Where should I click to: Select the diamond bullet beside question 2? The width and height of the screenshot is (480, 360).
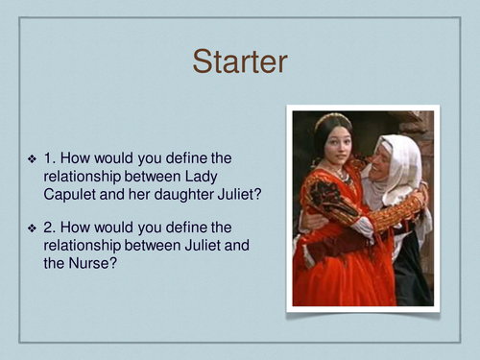coord(32,227)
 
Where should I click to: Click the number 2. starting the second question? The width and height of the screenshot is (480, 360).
coord(50,227)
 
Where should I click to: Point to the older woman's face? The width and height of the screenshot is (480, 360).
coord(383,162)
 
